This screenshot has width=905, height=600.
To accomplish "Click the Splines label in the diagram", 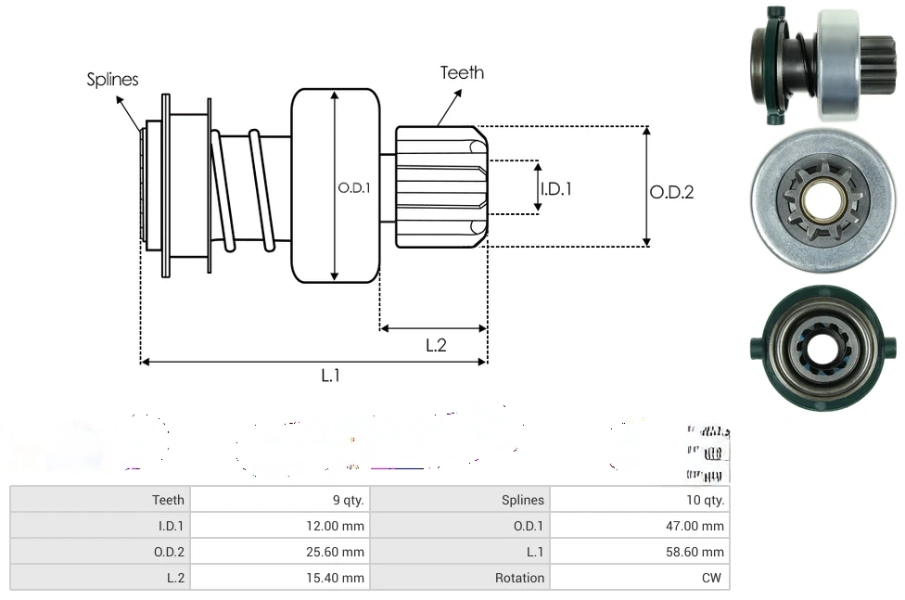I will click(112, 80).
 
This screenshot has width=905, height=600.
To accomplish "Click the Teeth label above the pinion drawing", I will click(462, 72).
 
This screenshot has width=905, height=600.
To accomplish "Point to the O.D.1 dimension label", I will click(354, 187).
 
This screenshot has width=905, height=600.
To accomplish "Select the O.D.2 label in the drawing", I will click(671, 192).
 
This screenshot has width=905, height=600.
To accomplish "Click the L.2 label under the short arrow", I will click(436, 345).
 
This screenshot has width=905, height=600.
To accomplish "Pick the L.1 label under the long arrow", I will click(331, 376).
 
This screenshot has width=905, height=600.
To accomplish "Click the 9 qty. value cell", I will click(348, 500).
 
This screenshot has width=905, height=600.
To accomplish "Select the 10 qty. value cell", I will click(707, 500).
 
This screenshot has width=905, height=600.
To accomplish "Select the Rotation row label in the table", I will click(519, 578).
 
